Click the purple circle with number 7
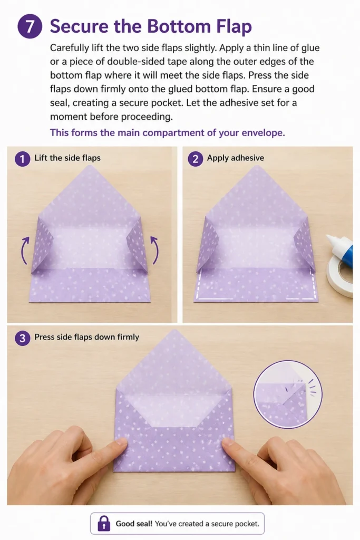(30, 26)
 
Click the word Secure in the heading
(79, 26)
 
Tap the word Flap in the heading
(233, 27)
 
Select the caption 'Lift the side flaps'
(67, 158)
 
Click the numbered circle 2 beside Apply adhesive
(195, 159)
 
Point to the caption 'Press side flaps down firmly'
(87, 337)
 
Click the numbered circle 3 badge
(22, 338)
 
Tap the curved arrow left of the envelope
(24, 250)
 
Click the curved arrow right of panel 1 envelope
(155, 250)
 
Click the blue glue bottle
(341, 249)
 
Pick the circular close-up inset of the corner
(288, 394)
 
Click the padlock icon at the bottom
(104, 524)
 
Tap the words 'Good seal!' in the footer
(134, 524)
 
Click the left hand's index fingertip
(121, 442)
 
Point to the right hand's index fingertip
(228, 442)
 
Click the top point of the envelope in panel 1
(90, 166)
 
